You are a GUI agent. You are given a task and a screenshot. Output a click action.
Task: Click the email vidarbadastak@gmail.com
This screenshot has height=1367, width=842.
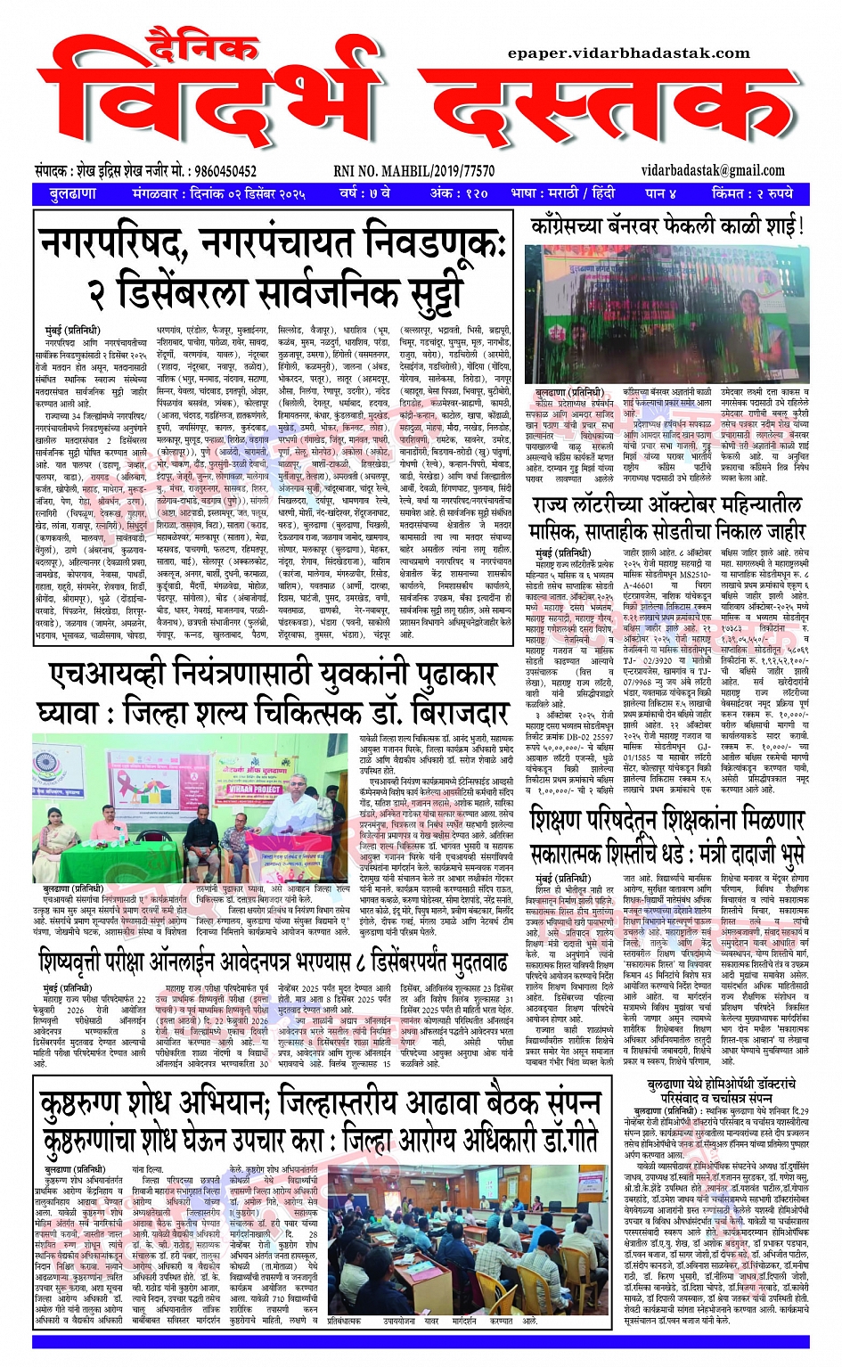pyautogui.click(x=713, y=170)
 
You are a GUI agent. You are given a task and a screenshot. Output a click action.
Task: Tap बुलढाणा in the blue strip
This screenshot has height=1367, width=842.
pyautogui.click(x=73, y=193)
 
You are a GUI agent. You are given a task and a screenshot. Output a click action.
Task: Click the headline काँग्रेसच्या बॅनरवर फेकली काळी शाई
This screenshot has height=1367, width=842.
pyautogui.click(x=667, y=226)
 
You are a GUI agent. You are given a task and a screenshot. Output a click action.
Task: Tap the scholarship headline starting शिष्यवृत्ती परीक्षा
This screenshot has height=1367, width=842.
pyautogui.click(x=273, y=962)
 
